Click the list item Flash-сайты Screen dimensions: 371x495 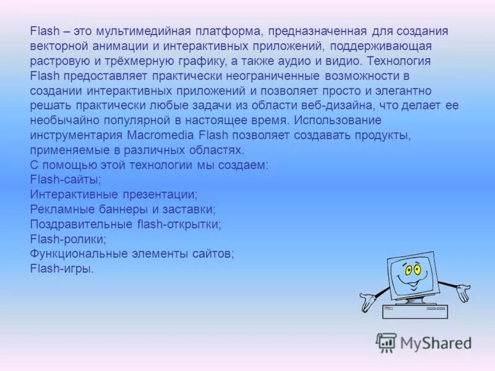tap(66, 180)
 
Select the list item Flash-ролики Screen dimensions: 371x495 tap(68, 239)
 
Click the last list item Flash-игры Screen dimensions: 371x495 tap(61, 269)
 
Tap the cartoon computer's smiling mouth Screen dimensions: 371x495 tap(410, 284)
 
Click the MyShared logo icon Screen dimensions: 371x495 tap(386, 343)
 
